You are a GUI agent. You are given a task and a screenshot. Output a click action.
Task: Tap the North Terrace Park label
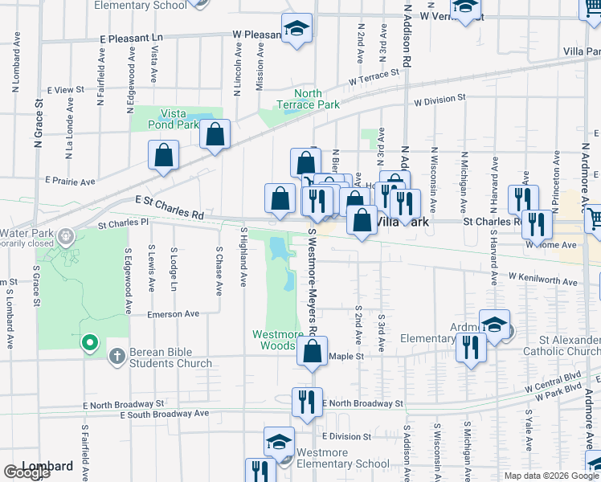coord(308,99)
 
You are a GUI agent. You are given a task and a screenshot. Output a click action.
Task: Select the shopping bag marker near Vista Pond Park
coord(215,136)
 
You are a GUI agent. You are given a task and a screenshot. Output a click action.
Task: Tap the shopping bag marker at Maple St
coord(313,352)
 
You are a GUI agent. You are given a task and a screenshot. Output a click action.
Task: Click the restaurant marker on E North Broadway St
coord(306,402)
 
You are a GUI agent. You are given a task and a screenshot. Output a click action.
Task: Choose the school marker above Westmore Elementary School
coord(280,442)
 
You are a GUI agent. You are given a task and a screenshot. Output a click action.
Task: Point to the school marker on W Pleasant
coord(296,31)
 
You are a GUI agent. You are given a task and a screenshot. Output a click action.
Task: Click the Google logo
coord(27,472)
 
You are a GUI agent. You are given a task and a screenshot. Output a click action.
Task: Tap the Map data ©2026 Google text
coord(551,476)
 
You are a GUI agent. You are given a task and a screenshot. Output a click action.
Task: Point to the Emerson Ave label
coord(172,314)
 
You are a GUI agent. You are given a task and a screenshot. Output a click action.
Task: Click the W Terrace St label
coord(374,78)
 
